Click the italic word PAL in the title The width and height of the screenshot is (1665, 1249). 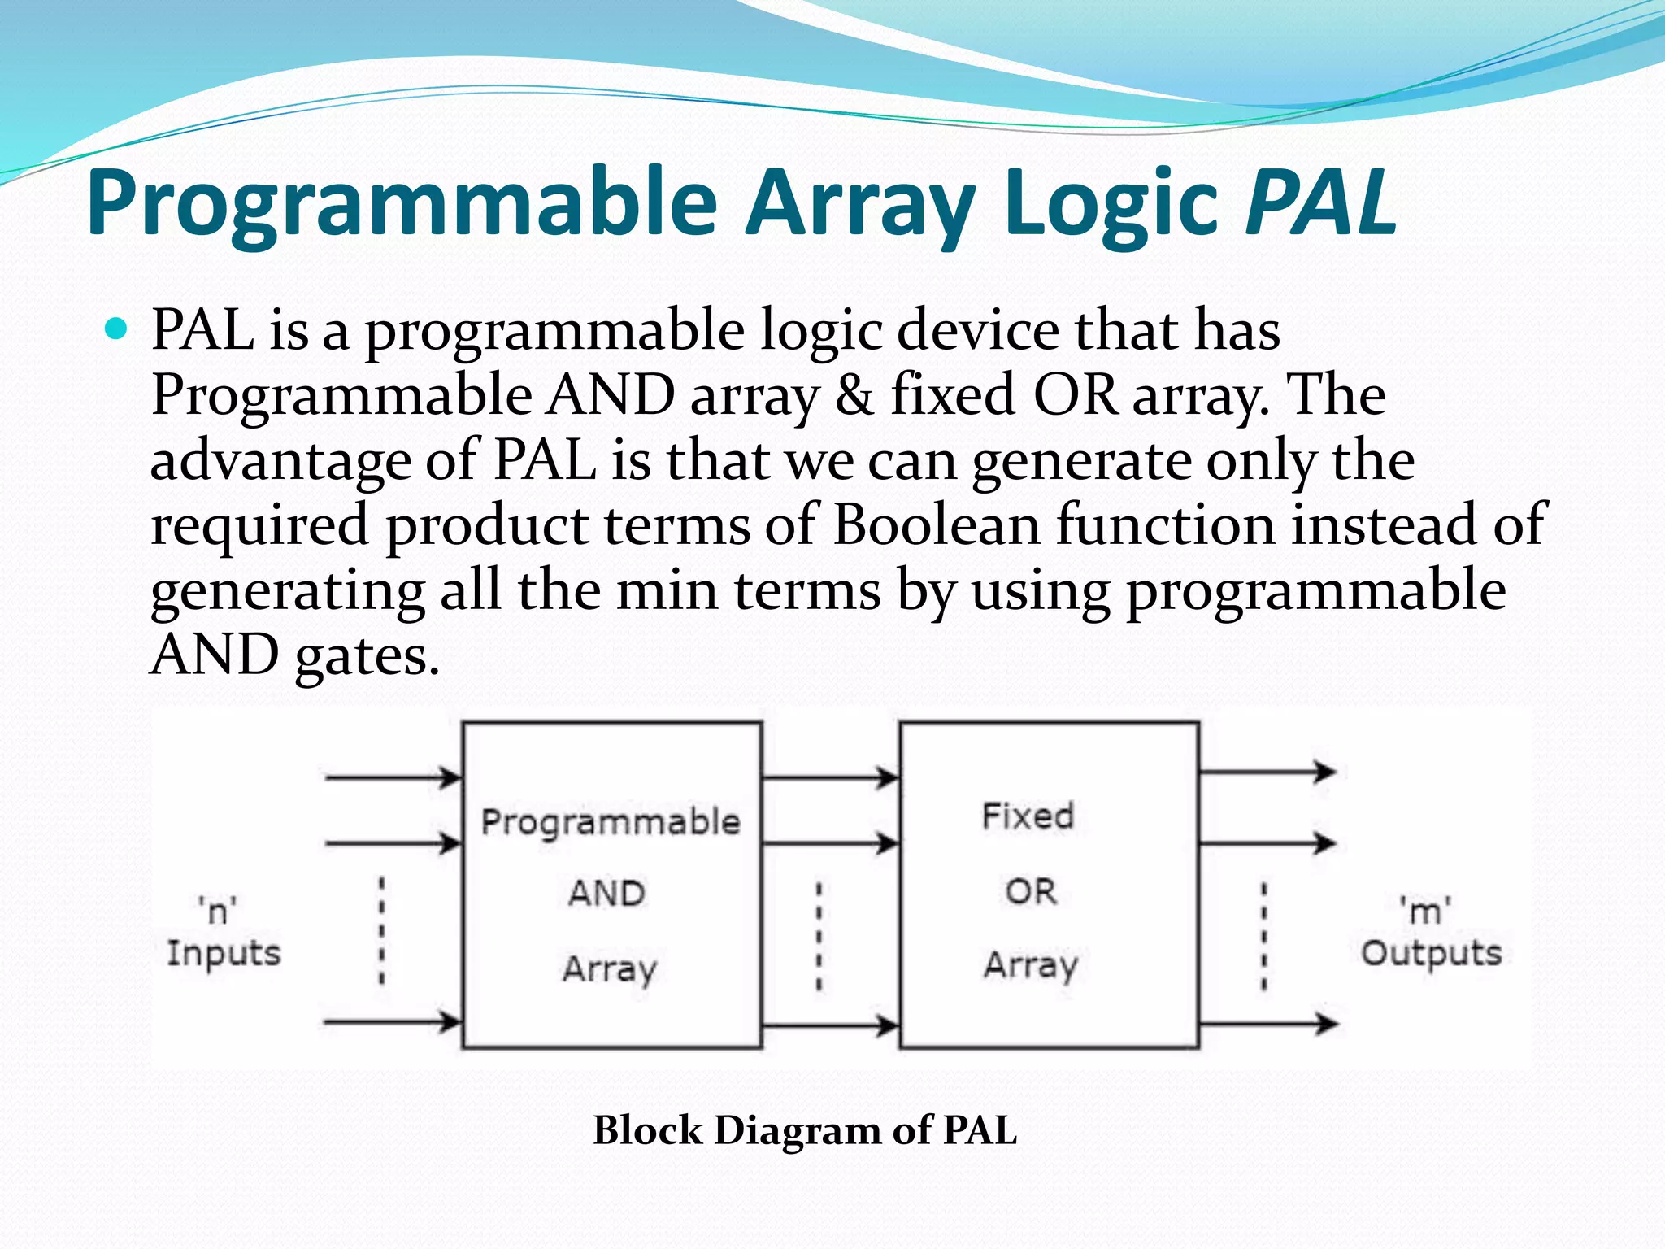1319,202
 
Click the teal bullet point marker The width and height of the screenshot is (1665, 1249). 117,329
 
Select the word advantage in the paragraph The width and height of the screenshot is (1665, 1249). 280,462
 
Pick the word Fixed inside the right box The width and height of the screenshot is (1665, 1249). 1028,816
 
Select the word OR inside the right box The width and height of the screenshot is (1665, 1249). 1031,892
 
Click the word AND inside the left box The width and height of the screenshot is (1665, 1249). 606,894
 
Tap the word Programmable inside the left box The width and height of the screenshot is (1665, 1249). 611,822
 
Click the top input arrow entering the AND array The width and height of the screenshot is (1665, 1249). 393,777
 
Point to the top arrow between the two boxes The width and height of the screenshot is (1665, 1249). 830,777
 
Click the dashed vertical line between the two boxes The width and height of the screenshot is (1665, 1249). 819,937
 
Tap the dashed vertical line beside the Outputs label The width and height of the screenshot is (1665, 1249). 1263,937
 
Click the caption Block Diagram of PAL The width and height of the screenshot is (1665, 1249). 804,1130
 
